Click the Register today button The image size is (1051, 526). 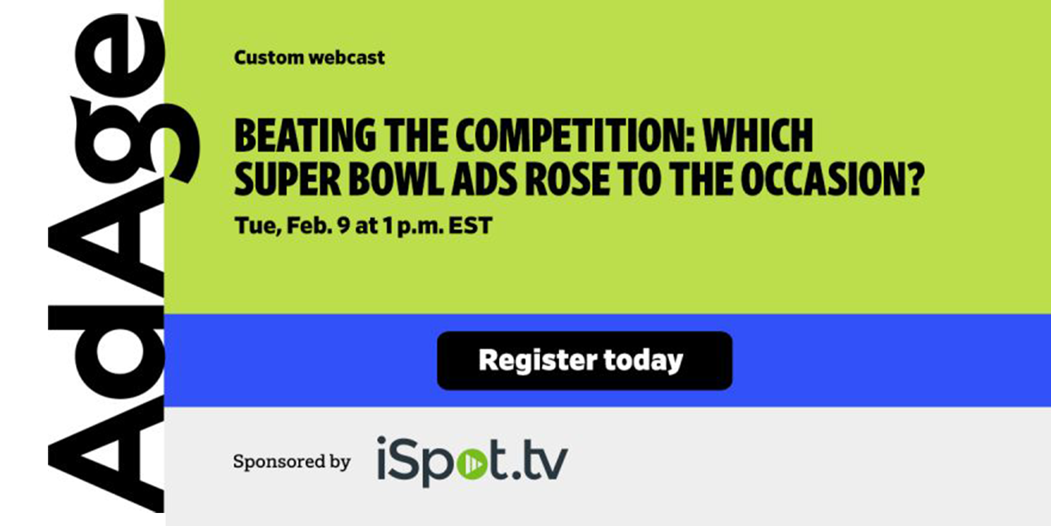pyautogui.click(x=584, y=361)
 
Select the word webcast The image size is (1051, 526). pyautogui.click(x=347, y=58)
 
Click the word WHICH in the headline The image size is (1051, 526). pyautogui.click(x=757, y=136)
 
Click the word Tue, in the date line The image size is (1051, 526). pyautogui.click(x=257, y=226)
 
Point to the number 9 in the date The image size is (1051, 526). pyautogui.click(x=343, y=226)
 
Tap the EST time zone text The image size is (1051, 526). pyautogui.click(x=471, y=226)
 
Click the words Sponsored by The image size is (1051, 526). pyautogui.click(x=292, y=461)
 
